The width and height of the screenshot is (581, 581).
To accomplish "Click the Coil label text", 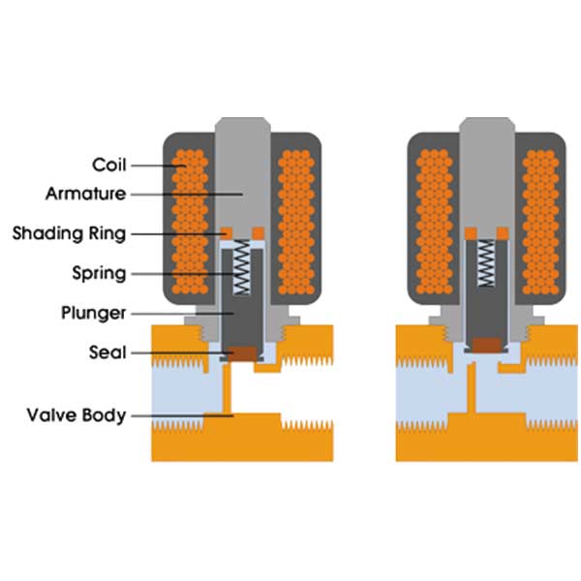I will [x=108, y=164].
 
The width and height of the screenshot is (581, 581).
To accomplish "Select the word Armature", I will [x=85, y=194].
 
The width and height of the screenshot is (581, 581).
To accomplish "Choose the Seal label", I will [x=107, y=352].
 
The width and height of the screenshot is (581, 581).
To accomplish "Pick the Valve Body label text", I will [x=76, y=415].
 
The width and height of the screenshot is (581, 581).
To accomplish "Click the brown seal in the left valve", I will [x=241, y=353].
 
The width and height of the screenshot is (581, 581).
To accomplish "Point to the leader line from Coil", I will [x=155, y=164].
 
